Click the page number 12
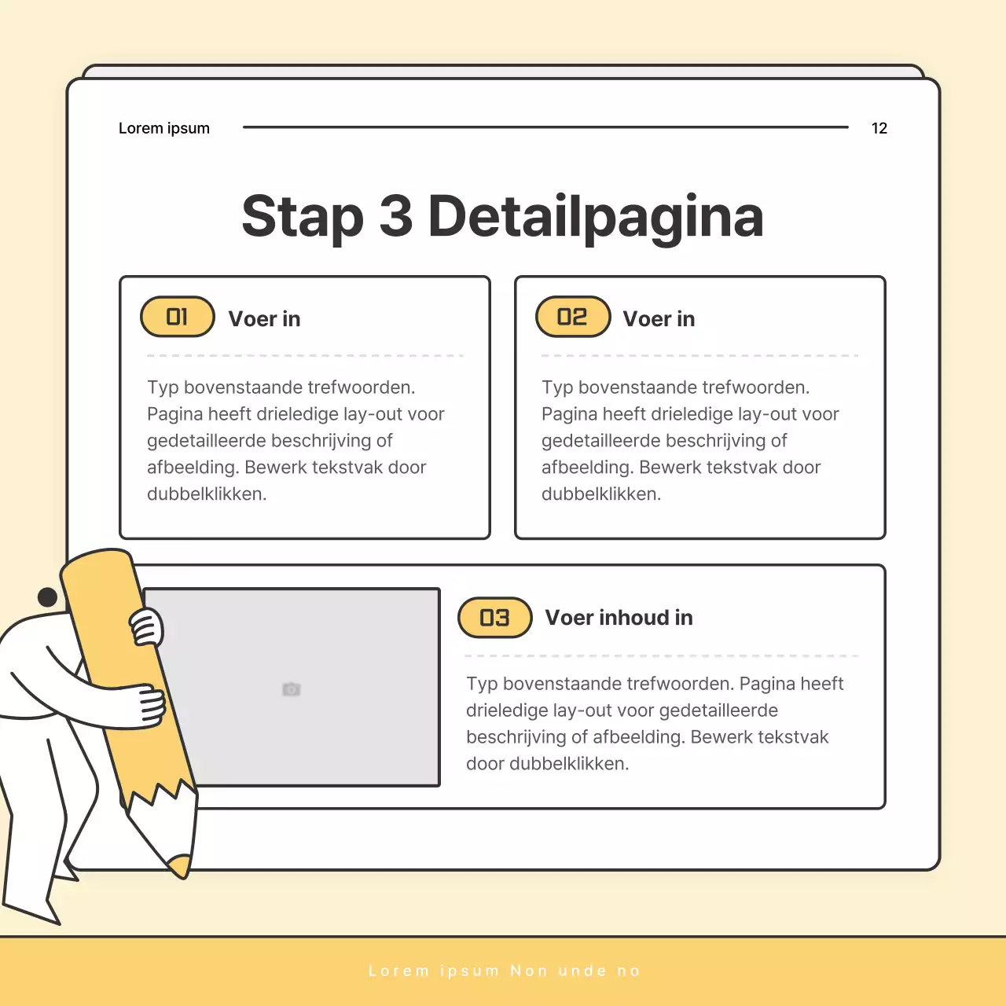pyautogui.click(x=879, y=128)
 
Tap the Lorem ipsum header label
pyautogui.click(x=164, y=128)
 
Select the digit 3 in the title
pyautogui.click(x=395, y=215)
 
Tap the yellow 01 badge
pyautogui.click(x=178, y=317)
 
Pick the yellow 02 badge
pyautogui.click(x=573, y=317)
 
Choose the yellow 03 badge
pyautogui.click(x=495, y=618)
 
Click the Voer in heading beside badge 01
pyautogui.click(x=264, y=319)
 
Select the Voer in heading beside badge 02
pyautogui.click(x=659, y=319)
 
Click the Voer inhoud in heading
pyautogui.click(x=619, y=618)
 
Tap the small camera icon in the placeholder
pyautogui.click(x=292, y=689)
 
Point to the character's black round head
pyautogui.click(x=47, y=597)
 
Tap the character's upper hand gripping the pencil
pyautogui.click(x=146, y=627)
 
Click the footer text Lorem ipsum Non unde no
pyautogui.click(x=504, y=971)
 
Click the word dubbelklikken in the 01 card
pyautogui.click(x=207, y=494)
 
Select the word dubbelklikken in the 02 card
pyautogui.click(x=601, y=494)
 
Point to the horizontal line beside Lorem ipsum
pyautogui.click(x=545, y=127)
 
